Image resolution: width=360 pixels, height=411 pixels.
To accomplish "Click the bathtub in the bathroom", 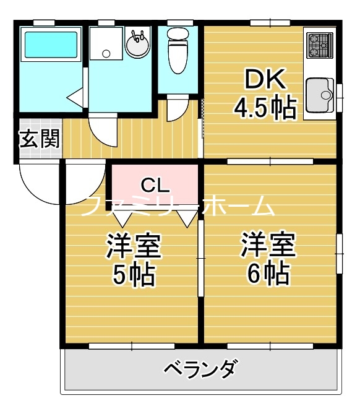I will [x=49, y=44].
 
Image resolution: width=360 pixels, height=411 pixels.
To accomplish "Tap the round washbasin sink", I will [x=137, y=44].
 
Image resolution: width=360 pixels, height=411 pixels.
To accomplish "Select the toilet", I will [x=178, y=50].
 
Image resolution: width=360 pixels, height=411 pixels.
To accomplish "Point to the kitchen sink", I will [x=319, y=96].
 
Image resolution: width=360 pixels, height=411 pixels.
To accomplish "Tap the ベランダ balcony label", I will [x=199, y=370].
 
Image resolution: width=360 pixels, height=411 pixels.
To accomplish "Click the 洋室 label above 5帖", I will [x=134, y=246].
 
